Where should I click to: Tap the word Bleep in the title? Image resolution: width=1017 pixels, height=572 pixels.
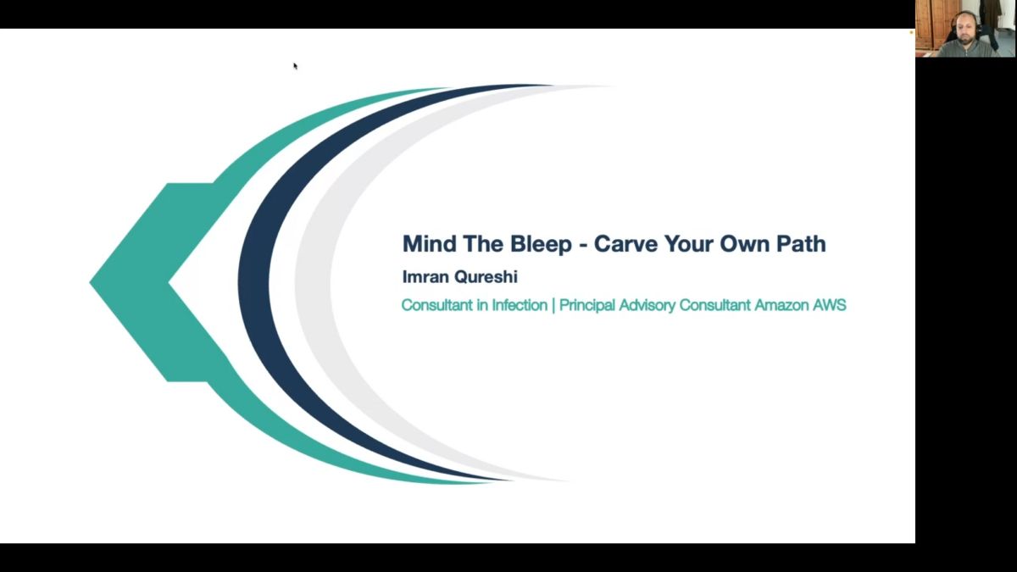541,245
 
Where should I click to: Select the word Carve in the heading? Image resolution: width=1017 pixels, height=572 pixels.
625,244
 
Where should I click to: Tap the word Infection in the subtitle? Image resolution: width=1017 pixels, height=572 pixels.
520,305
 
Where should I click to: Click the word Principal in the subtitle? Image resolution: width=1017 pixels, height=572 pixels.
586,306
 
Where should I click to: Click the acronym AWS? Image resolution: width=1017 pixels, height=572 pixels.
830,305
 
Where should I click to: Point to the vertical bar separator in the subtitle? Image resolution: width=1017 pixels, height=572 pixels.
553,306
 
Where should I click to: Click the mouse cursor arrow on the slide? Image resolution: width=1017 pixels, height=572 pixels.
295,66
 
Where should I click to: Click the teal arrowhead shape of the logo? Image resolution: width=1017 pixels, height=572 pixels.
136,282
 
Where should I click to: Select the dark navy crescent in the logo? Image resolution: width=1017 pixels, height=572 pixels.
254,281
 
